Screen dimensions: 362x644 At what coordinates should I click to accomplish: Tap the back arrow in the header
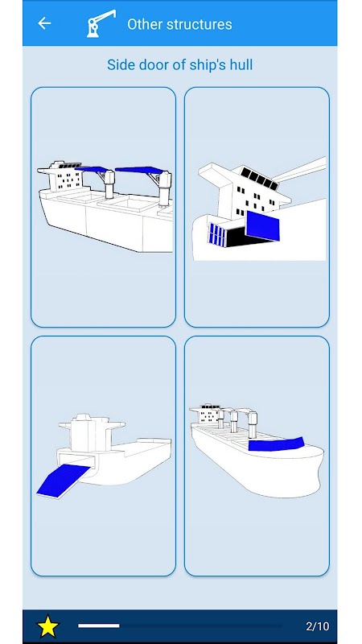(44, 23)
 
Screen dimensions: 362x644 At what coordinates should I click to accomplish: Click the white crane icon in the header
(101, 23)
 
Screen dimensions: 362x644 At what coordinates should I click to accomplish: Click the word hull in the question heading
(242, 64)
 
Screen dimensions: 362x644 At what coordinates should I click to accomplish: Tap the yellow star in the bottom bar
(48, 626)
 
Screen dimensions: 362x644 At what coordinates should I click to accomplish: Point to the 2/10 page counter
(317, 626)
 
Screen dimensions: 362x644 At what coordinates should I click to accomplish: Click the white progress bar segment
(99, 625)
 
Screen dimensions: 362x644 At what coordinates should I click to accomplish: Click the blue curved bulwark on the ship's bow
(276, 444)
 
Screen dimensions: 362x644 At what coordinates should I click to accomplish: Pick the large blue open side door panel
(262, 225)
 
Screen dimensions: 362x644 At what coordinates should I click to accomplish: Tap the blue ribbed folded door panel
(216, 234)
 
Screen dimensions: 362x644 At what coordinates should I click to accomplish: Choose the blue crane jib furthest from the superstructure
(139, 170)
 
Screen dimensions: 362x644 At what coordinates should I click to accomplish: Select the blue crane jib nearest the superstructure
(92, 169)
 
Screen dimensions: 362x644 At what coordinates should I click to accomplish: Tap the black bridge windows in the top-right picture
(259, 178)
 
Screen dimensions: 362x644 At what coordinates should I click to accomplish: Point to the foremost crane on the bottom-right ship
(252, 424)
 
